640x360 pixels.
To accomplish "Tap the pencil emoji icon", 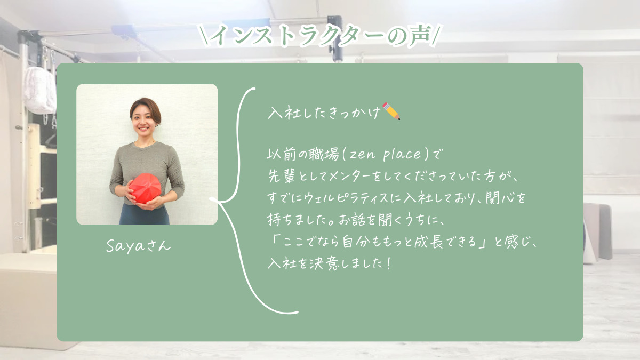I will pyautogui.click(x=391, y=111).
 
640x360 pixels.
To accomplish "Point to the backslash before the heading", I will pyautogui.click(x=206, y=36).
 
